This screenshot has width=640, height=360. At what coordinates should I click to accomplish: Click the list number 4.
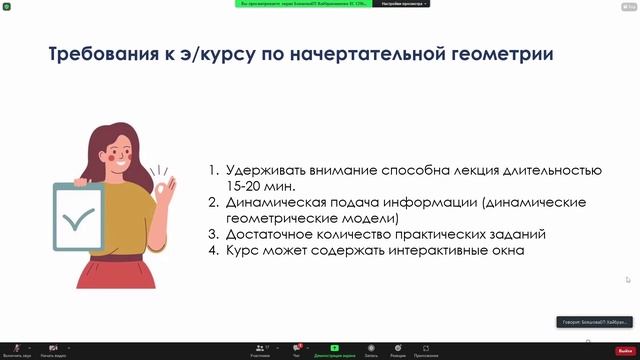pos(213,250)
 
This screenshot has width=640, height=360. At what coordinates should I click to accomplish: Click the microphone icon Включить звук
pos(17,348)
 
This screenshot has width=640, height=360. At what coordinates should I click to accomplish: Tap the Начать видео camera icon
pos(53,348)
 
